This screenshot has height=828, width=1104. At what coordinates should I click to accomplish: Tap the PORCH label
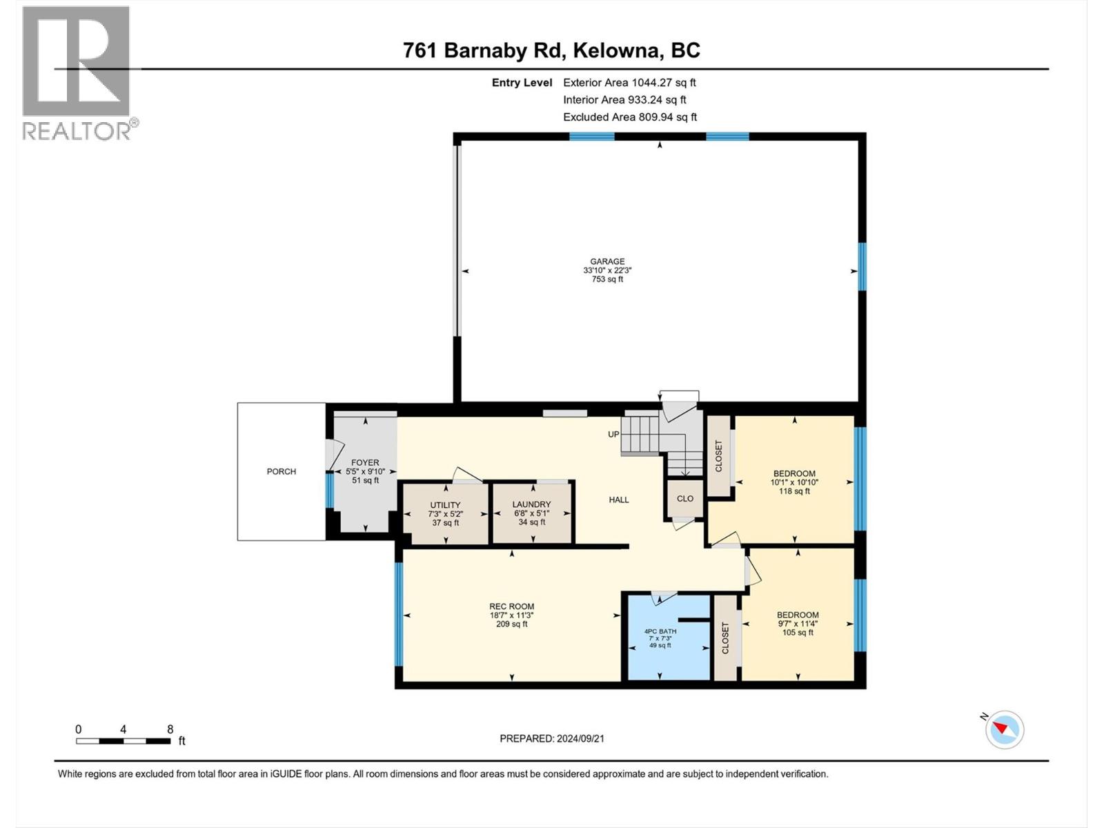[x=282, y=471]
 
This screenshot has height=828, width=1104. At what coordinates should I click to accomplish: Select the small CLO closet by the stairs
[x=684, y=498]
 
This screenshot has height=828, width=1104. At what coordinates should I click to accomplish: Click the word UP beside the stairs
[x=613, y=434]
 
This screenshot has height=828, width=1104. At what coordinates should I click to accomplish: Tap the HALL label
[x=619, y=500]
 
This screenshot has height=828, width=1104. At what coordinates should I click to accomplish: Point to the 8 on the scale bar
[x=170, y=729]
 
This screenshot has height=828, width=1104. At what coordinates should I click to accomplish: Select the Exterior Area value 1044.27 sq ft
[x=664, y=82]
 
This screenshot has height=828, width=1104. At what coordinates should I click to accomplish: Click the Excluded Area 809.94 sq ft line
[x=629, y=117]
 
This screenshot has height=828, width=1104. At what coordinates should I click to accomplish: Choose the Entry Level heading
[x=522, y=82]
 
